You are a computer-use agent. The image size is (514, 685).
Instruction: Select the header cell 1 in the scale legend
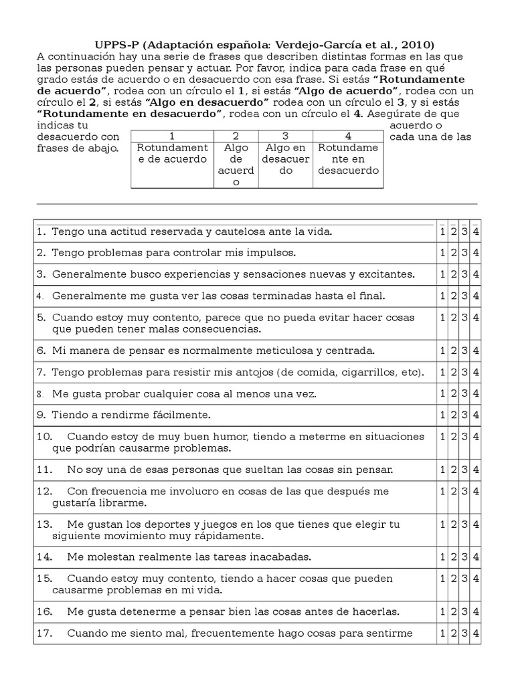click(172, 136)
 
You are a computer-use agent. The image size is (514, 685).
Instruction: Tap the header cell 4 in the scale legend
click(348, 136)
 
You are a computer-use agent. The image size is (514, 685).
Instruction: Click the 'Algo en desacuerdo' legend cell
click(286, 159)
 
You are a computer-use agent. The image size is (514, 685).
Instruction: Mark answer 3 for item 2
click(464, 254)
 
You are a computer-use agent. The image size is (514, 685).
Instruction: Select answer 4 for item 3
click(476, 275)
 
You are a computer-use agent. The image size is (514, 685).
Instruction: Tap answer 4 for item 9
click(476, 415)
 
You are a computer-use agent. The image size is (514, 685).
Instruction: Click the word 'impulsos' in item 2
click(274, 254)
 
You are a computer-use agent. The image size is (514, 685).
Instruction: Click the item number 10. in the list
click(45, 437)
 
